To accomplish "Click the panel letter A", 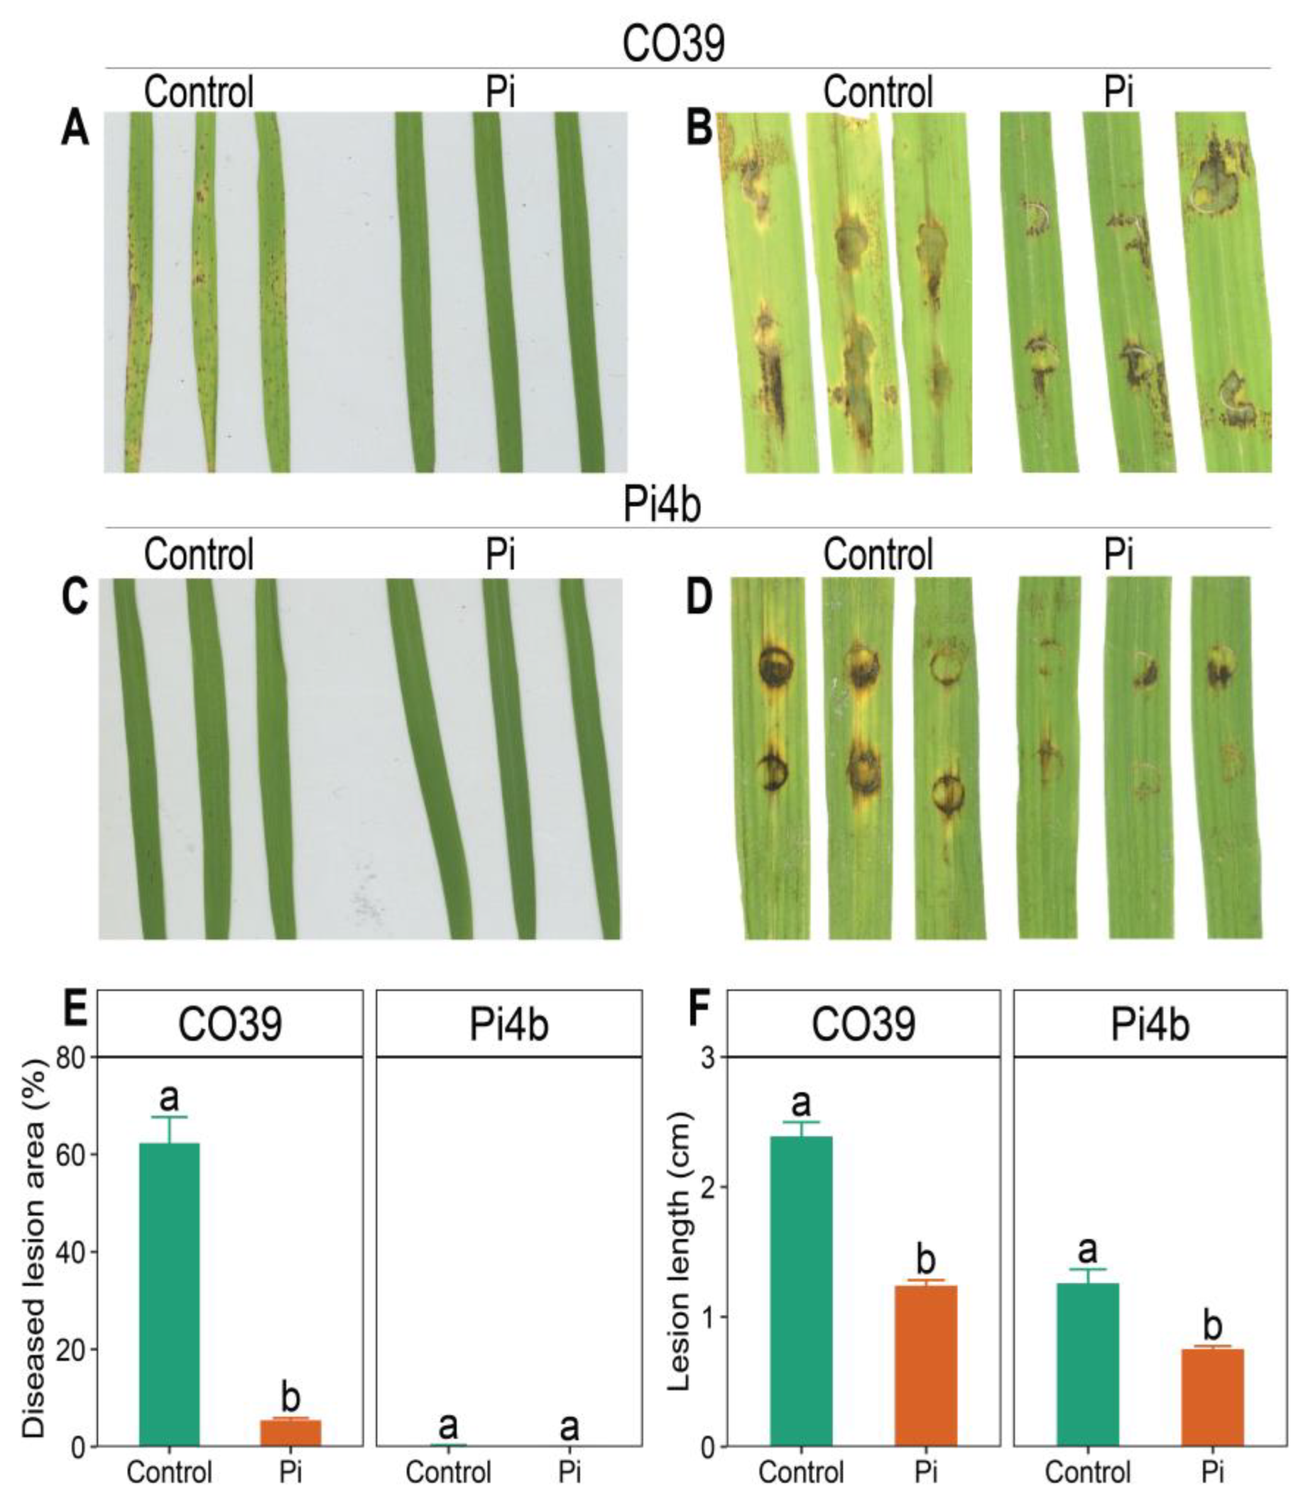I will (x=75, y=132).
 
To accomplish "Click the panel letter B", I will (x=699, y=132).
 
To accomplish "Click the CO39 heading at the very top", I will (x=673, y=45).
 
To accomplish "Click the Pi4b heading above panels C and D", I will (x=661, y=505).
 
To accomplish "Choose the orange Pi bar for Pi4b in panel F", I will (x=1212, y=1385).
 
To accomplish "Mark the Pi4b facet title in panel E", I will (x=508, y=1025).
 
